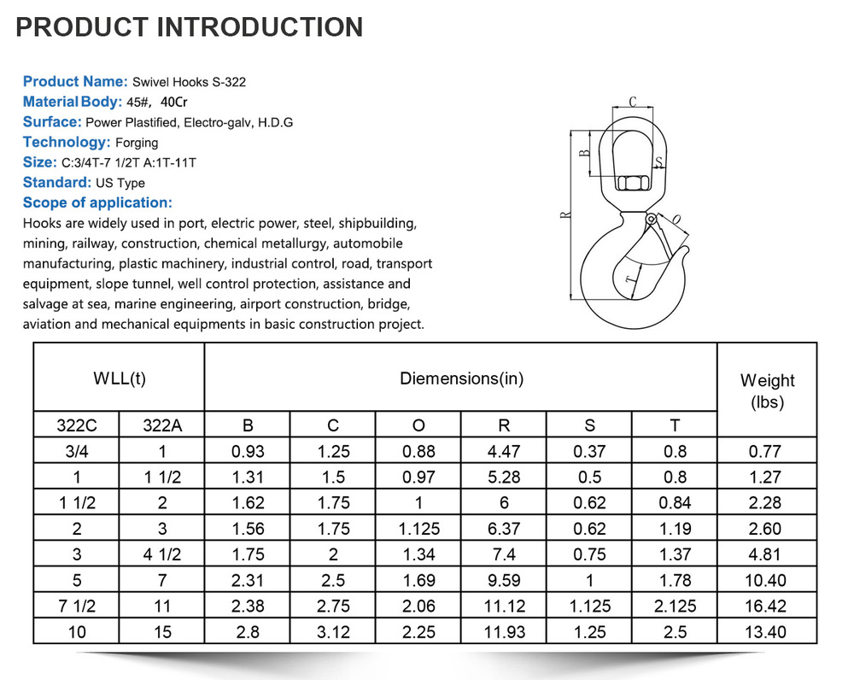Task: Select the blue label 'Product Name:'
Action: [x=75, y=82]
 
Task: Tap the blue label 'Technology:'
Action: [x=67, y=143]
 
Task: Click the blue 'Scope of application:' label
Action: [x=97, y=203]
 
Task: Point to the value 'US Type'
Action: [x=120, y=183]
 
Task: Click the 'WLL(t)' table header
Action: [x=119, y=378]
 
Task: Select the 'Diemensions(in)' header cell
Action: [x=461, y=378]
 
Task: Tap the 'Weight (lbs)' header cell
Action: [x=767, y=390]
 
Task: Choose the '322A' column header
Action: [x=161, y=425]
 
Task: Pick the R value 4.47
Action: [x=504, y=452]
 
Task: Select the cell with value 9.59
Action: [x=504, y=580]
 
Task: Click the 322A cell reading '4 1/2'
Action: [x=161, y=554]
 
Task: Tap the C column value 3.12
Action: [x=333, y=631]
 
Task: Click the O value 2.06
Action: [x=418, y=606]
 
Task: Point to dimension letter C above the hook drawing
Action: [x=632, y=102]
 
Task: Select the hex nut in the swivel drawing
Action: [x=632, y=185]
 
